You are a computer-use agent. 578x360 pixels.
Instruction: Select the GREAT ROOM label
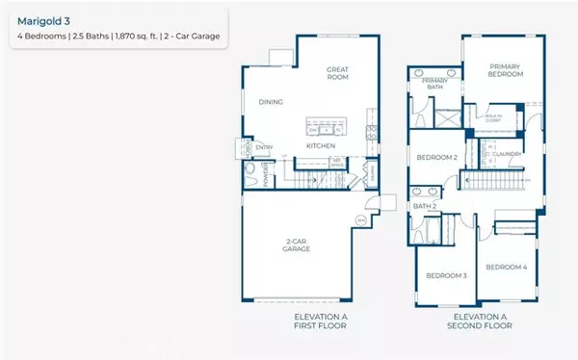pyautogui.click(x=337, y=73)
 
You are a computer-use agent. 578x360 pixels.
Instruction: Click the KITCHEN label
pyautogui.click(x=320, y=145)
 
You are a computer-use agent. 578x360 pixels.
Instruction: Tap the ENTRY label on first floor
pyautogui.click(x=264, y=147)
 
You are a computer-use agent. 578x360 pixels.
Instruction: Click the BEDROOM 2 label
pyautogui.click(x=436, y=157)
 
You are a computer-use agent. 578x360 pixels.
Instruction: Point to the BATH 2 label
pyautogui.click(x=426, y=206)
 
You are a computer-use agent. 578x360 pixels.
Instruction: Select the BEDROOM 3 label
pyautogui.click(x=446, y=275)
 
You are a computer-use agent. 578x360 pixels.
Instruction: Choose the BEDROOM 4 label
pyautogui.click(x=506, y=267)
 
